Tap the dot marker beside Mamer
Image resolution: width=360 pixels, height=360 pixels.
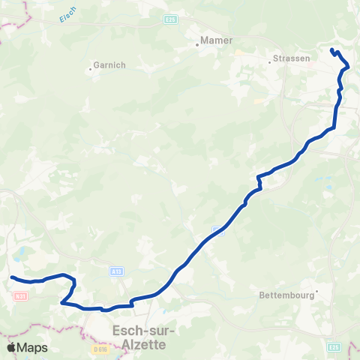(197, 44)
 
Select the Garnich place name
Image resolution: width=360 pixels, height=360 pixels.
(106, 65)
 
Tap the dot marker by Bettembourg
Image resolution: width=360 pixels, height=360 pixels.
(317, 291)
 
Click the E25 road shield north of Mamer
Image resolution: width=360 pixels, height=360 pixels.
(172, 19)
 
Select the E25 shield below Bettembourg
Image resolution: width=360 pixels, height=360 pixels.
(334, 346)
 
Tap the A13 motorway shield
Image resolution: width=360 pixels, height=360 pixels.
(116, 271)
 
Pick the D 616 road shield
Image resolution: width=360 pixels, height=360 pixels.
(100, 349)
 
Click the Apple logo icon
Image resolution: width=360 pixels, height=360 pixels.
(11, 347)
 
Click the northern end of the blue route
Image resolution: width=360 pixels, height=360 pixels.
(331, 50)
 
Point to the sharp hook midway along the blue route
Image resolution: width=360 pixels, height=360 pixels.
(259, 178)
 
